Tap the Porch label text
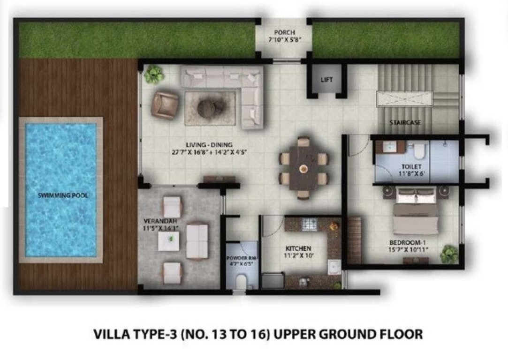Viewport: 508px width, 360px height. point(284,32)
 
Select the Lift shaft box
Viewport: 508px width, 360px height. point(326,80)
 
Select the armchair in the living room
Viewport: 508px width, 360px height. point(164,104)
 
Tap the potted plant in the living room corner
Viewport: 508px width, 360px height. point(153,74)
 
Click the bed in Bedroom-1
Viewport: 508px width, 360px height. point(416,216)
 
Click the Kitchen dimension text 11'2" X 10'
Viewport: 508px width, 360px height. point(299,255)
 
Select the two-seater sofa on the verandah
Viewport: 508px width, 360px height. point(197,241)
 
